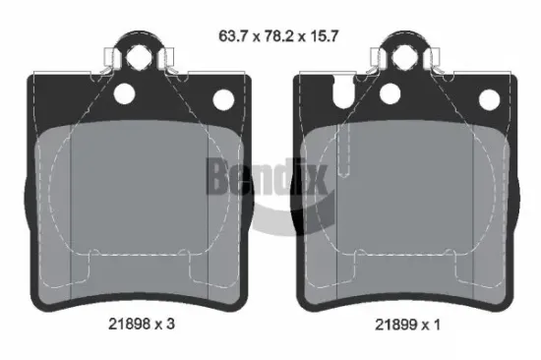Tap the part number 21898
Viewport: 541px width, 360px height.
[131, 323]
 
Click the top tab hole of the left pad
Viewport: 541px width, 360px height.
[138, 52]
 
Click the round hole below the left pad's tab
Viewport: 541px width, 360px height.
[124, 95]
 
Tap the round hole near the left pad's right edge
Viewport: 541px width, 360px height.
[221, 98]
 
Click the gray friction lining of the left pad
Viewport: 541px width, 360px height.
[138, 197]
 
